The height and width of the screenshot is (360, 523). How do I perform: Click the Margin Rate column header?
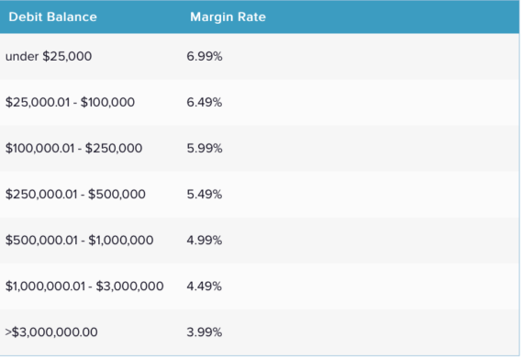[228, 17]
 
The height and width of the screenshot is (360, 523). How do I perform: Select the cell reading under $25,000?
[48, 57]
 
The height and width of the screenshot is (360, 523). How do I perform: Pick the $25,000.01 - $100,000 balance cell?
[70, 102]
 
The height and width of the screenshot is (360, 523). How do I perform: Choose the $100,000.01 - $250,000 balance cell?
[73, 148]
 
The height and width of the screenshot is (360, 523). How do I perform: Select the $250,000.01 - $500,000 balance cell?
[75, 194]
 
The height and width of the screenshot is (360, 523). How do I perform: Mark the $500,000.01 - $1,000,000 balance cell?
[79, 240]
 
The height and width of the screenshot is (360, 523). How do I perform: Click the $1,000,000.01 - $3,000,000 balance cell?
[84, 286]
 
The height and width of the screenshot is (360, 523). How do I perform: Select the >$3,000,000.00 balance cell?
[51, 331]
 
